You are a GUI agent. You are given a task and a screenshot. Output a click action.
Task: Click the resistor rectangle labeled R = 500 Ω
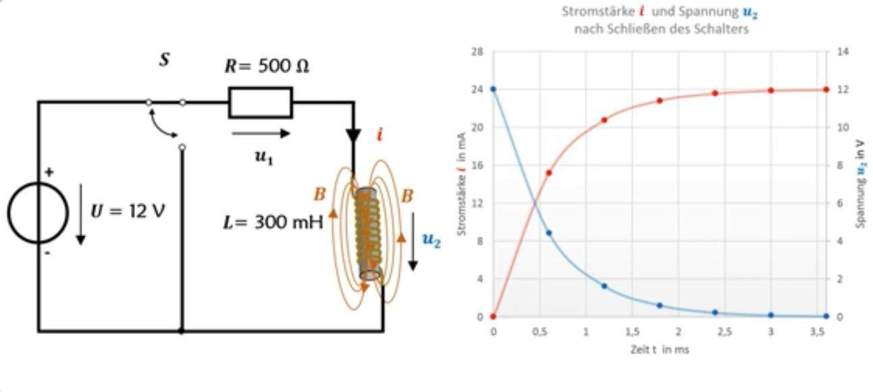pos(261,103)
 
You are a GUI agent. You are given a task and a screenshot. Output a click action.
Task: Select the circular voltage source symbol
pos(38,212)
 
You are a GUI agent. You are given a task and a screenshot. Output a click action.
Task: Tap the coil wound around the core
pos(368,233)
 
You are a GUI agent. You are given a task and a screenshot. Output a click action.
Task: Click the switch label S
pos(164,59)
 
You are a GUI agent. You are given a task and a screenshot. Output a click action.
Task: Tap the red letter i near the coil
pos(379,135)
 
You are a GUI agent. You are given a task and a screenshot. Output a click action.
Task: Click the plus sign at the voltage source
pos(49,172)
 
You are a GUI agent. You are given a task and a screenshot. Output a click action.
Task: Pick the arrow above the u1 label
pos(261,134)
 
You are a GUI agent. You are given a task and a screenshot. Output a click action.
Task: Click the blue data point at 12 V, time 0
pos(493,89)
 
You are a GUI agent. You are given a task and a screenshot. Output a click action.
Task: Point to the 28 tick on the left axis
pos(478,51)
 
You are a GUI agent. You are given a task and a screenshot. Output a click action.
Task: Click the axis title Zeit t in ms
pos(658,349)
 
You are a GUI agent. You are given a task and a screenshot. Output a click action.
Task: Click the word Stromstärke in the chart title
pos(589,11)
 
